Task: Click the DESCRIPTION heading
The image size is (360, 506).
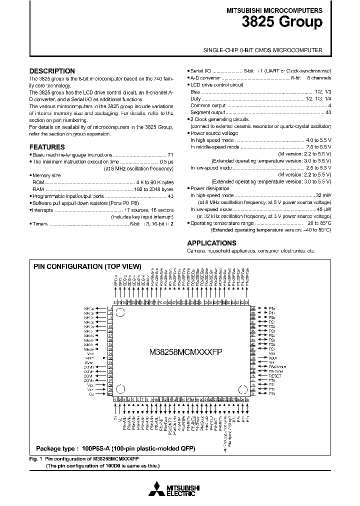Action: click(x=52, y=71)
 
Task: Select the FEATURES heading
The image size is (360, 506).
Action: click(x=47, y=147)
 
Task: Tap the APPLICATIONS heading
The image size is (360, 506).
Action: click(x=212, y=243)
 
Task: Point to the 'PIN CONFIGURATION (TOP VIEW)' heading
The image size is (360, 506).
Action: click(x=87, y=267)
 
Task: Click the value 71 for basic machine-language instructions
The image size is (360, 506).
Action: click(x=170, y=155)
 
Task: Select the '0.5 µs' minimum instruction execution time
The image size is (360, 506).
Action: click(x=166, y=162)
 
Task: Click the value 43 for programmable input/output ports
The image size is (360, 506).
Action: click(x=170, y=196)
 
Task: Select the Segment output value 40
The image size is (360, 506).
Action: click(x=328, y=112)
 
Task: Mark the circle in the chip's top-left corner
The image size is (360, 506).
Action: click(x=120, y=313)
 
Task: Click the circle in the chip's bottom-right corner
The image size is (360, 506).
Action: click(x=243, y=389)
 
